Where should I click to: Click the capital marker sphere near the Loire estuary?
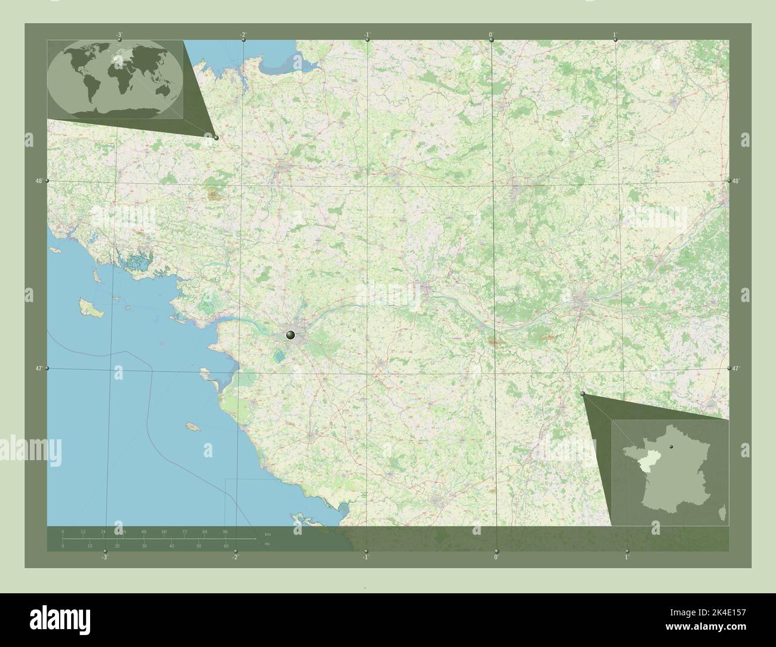click(291, 335)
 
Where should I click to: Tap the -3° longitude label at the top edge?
click(119, 35)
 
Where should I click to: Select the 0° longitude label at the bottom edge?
click(496, 557)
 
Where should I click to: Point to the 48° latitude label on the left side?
click(39, 180)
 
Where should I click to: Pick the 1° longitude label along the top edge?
click(615, 35)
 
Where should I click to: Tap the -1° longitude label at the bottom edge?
click(365, 557)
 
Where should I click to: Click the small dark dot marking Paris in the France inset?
click(671, 446)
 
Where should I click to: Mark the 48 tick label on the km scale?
click(144, 531)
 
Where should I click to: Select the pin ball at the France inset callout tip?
click(583, 393)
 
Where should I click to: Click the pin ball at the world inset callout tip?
click(216, 137)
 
